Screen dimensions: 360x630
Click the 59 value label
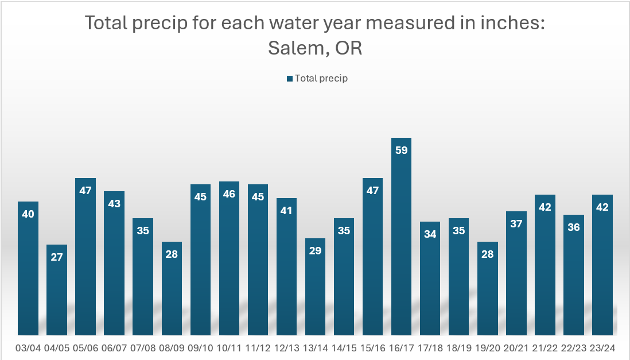(x=401, y=150)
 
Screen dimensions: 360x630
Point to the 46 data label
(x=229, y=194)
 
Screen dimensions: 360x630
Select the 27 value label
(x=57, y=257)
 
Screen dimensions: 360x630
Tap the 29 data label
(x=315, y=251)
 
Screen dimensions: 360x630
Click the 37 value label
(x=516, y=224)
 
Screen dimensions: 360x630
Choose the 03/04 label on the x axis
(x=28, y=348)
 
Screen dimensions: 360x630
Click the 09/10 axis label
(x=200, y=348)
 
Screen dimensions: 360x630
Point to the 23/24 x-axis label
(x=602, y=348)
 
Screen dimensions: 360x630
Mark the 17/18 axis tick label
(x=430, y=348)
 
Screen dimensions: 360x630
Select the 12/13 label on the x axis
(x=286, y=348)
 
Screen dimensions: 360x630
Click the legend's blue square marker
(x=290, y=79)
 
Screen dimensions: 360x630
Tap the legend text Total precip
(x=321, y=79)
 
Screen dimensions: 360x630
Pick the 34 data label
(x=430, y=234)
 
